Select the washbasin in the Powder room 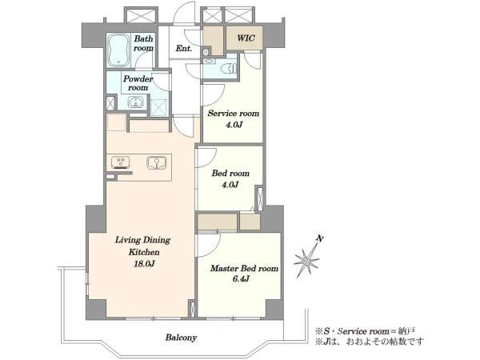[134, 102]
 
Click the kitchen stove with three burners [120, 162]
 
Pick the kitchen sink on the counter [157, 162]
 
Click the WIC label [246, 38]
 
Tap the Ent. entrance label [184, 48]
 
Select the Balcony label [181, 338]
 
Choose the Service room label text [234, 114]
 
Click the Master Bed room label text [244, 269]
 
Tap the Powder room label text [138, 83]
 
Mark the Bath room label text [143, 43]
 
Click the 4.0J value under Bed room [230, 185]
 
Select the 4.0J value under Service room [234, 125]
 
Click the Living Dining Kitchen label [143, 246]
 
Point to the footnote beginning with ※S [365, 331]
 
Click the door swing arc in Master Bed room [214, 248]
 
